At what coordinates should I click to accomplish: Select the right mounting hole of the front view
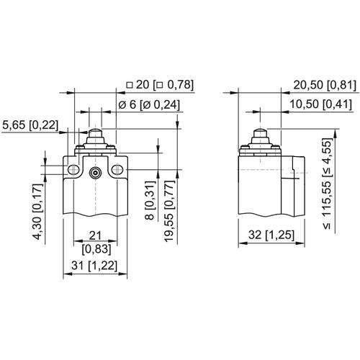coord(118,170)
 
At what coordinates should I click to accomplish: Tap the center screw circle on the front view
coord(95,172)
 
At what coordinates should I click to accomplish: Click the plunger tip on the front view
coord(95,133)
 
